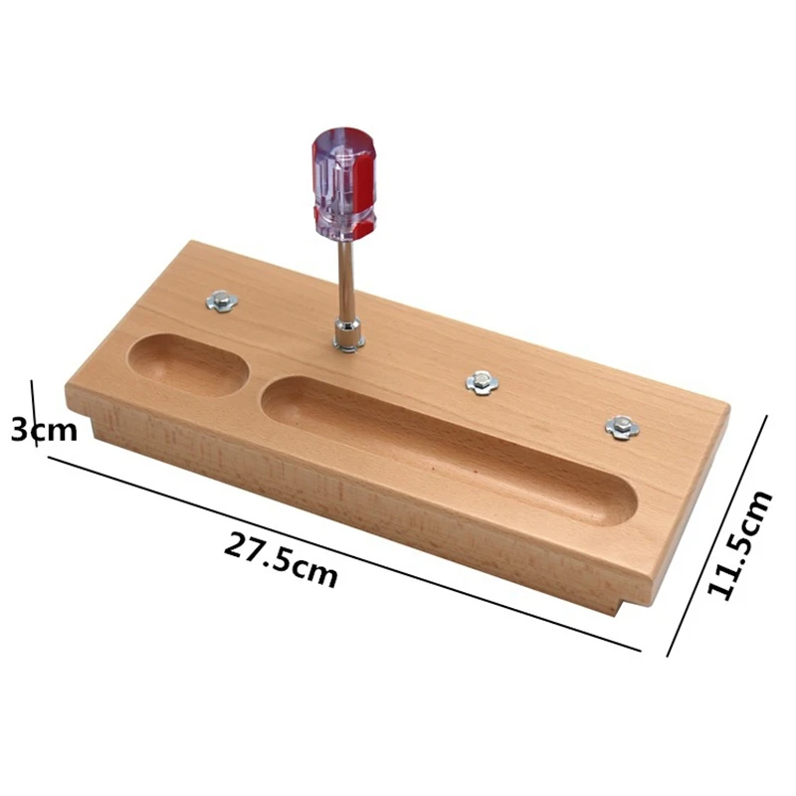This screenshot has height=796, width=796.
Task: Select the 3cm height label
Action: [x=42, y=430]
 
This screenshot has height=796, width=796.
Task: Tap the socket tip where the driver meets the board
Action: [x=347, y=338]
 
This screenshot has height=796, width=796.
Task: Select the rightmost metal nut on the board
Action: [x=622, y=427]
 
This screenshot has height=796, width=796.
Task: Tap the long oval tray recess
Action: [x=448, y=448]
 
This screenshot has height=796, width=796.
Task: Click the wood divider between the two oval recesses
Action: [x=255, y=384]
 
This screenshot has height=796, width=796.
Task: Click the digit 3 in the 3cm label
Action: [x=19, y=430]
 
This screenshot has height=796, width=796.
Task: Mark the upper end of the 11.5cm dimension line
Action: [x=765, y=417]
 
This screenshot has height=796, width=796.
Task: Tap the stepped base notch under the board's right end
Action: [x=624, y=602]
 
